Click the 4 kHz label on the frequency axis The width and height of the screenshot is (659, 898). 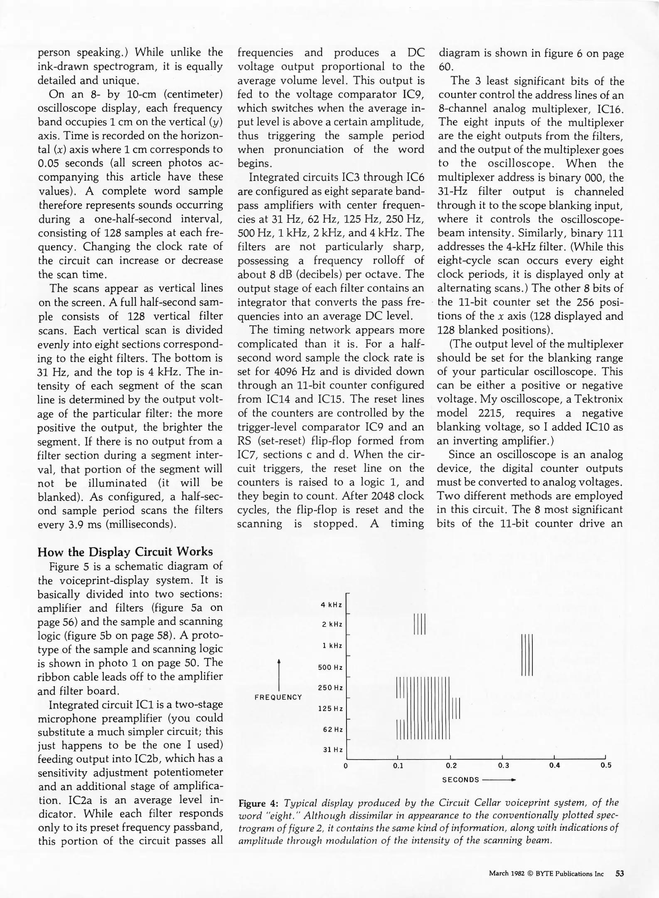point(331,605)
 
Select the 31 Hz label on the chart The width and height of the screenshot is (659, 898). point(333,750)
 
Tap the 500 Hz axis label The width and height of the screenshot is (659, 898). point(330,667)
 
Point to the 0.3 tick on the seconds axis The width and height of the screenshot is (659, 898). point(503,765)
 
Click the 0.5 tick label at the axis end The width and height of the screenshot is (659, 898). point(606,765)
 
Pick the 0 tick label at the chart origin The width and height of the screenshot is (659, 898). point(346,765)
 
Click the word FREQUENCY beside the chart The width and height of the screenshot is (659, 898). point(278,697)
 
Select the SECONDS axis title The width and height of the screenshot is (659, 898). point(460,780)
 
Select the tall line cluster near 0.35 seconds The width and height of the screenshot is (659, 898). point(527,655)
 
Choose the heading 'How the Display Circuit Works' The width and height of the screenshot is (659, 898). point(125,552)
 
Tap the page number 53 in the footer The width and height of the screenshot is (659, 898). point(620,873)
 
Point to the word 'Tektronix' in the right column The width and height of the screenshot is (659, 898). point(598,400)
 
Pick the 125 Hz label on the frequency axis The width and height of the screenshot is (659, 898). point(330,708)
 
